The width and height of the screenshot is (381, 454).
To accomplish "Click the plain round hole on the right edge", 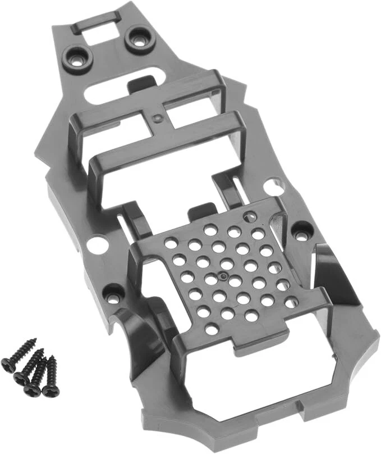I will [273, 185].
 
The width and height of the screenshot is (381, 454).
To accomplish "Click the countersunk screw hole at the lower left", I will [114, 294].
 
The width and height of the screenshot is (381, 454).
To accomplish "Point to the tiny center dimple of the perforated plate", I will [223, 276].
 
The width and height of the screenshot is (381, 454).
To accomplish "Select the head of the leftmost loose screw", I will [8, 364].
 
